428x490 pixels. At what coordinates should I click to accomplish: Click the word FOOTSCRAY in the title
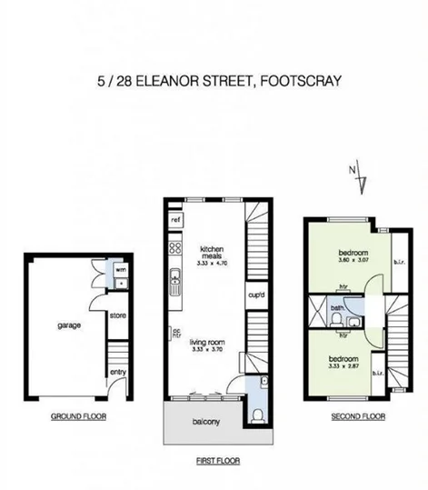pyautogui.click(x=302, y=80)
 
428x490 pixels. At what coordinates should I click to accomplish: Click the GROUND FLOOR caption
pyautogui.click(x=78, y=417)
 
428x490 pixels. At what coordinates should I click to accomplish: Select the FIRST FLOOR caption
pyautogui.click(x=217, y=461)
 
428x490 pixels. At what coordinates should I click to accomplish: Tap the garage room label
pyautogui.click(x=56, y=324)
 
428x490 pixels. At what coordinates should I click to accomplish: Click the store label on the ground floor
pyautogui.click(x=116, y=315)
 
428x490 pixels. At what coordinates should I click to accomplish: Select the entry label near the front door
pyautogui.click(x=118, y=371)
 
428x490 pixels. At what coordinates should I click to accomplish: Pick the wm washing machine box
pyautogui.click(x=120, y=269)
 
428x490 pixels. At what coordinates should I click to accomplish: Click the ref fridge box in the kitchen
pyautogui.click(x=175, y=220)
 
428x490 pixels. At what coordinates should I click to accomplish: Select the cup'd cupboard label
pyautogui.click(x=255, y=294)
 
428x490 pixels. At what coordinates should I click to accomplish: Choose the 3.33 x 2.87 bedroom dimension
pyautogui.click(x=344, y=367)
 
